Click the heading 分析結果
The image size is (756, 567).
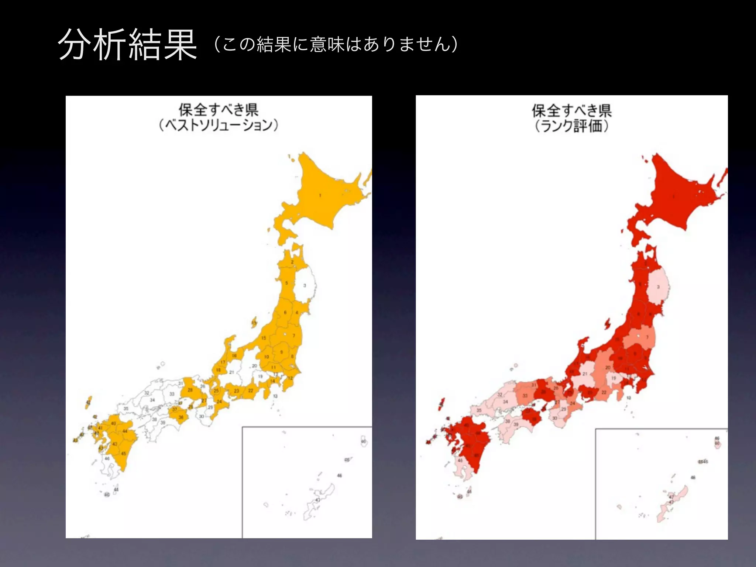127,45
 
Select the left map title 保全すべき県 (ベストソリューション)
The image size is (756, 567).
219,117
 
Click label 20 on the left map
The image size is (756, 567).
254,366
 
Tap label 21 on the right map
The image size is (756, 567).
585,374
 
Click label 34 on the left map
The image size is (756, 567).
152,400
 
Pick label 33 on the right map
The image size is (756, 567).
525,396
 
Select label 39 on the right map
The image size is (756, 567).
516,425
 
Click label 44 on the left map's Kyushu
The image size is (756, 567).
125,431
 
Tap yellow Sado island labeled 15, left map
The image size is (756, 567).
254,323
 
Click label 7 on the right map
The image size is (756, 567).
647,337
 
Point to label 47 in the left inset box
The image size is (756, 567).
317,500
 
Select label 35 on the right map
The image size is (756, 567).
479,410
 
